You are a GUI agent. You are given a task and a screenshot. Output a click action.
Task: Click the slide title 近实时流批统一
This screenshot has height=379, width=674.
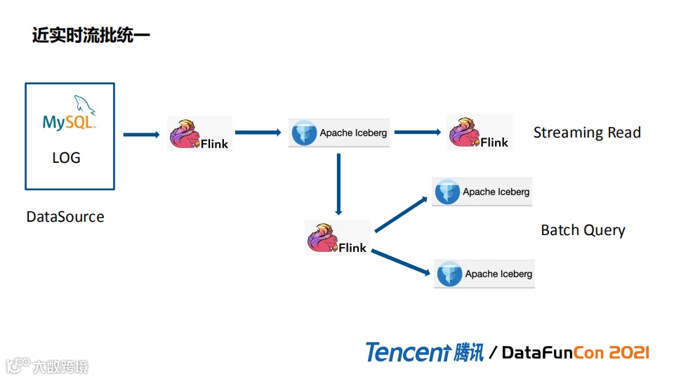(91, 35)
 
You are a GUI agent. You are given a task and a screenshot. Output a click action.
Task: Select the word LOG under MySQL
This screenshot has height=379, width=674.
(67, 158)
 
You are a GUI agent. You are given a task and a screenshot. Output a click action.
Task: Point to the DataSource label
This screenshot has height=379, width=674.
(65, 216)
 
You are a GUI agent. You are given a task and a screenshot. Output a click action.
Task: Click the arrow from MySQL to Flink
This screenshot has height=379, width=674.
(141, 134)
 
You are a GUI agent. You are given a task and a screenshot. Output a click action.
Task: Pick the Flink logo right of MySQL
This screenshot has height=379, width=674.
(200, 134)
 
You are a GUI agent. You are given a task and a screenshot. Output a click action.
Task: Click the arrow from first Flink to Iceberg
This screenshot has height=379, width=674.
(260, 132)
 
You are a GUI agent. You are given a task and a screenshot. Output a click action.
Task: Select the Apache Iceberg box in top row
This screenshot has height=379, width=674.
(339, 133)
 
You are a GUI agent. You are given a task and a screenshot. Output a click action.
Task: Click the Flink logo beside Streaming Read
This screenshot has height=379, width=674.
(480, 132)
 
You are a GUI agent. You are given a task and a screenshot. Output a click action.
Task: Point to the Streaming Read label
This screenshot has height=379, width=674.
(587, 132)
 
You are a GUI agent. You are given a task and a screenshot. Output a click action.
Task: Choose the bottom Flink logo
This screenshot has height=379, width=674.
(338, 239)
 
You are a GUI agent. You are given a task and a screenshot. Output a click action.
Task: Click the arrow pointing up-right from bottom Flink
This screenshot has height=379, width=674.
(402, 214)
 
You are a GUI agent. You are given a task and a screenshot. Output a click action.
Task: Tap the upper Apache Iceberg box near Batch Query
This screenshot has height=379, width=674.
(482, 192)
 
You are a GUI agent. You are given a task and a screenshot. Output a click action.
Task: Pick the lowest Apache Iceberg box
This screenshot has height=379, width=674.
(484, 274)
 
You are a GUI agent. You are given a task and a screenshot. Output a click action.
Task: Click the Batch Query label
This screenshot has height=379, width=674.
(583, 230)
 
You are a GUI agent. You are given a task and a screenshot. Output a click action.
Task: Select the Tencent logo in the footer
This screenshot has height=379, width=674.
(424, 352)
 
